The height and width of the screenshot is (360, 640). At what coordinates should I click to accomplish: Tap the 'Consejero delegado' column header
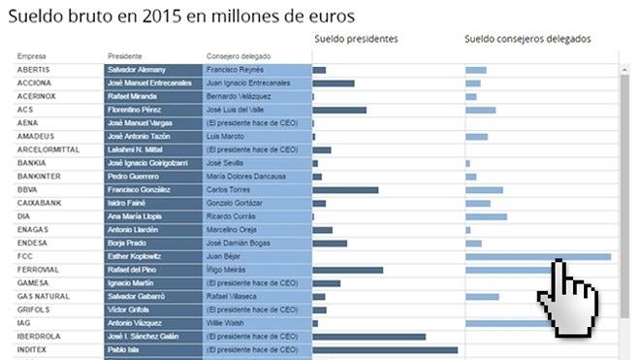tap(239, 56)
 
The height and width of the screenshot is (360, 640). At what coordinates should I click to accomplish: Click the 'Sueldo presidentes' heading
tap(356, 39)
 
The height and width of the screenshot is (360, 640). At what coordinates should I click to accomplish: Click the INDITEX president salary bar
tap(384, 349)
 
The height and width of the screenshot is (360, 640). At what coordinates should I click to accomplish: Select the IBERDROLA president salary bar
tap(368, 336)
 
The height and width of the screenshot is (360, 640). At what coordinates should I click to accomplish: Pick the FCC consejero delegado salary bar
tap(537, 256)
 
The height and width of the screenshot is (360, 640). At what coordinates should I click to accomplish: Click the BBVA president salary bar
tap(345, 189)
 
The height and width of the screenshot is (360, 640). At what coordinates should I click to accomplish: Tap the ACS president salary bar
tap(338, 110)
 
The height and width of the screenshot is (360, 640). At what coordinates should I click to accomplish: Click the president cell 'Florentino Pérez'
tap(135, 110)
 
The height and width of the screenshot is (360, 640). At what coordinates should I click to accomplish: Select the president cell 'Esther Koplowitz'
tap(136, 256)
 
